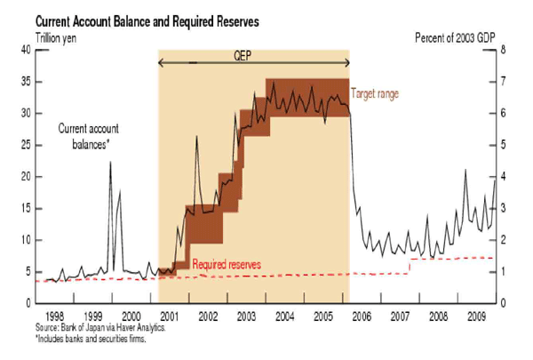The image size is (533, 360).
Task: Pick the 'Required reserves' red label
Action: pos(225,265)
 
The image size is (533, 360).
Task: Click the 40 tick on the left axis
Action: pos(27,50)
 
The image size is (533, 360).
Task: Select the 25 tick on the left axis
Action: pos(27,145)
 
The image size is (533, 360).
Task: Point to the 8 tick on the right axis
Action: pos(503,50)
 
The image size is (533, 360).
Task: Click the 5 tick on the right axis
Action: pos(503,145)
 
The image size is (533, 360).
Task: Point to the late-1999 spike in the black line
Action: pos(110,163)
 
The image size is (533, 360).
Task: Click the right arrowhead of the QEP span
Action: pos(346,62)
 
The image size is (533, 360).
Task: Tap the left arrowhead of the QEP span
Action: pos(162,62)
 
